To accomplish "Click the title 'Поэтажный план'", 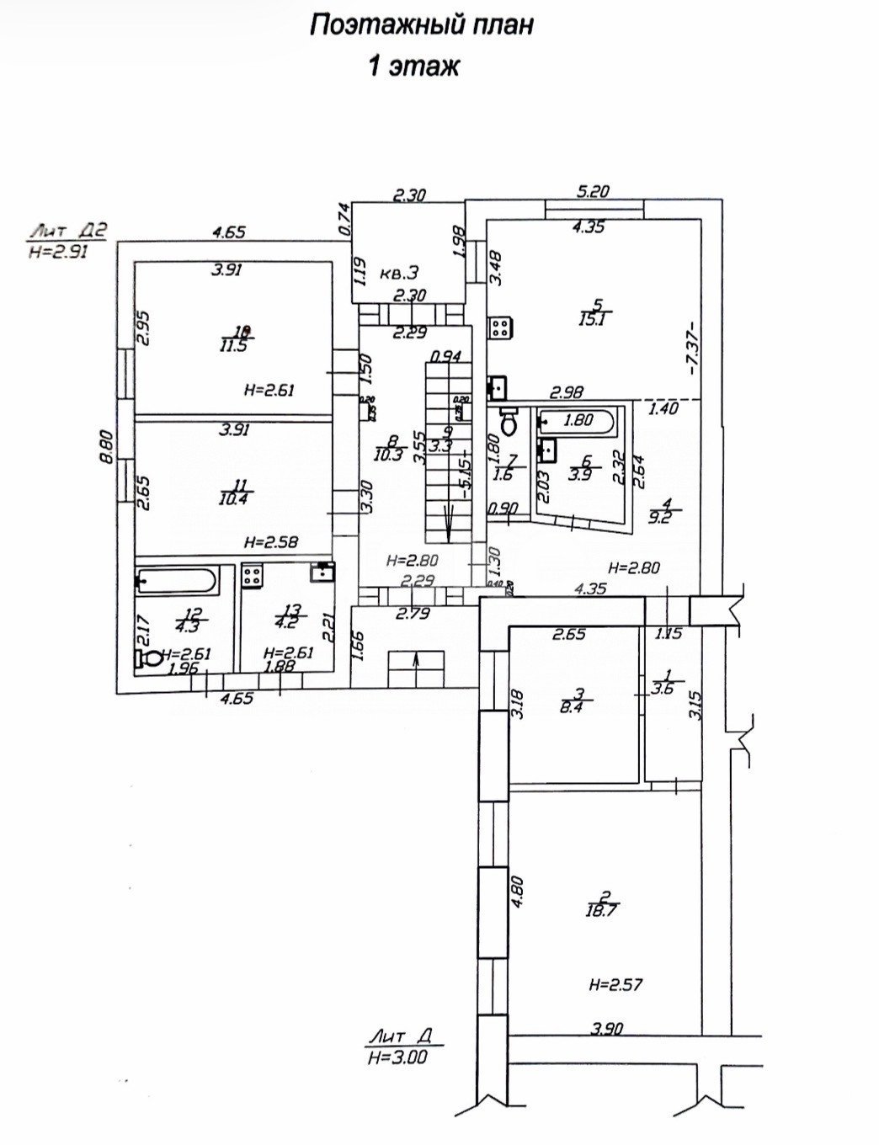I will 421,26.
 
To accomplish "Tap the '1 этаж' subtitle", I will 413,67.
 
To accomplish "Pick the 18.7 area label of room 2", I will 599,909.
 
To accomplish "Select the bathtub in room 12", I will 178,582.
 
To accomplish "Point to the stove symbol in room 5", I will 501,327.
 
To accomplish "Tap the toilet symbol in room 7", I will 509,422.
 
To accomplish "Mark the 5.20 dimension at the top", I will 593,191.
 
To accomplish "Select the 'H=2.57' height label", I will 619,983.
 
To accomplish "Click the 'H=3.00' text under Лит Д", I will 397,1058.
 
